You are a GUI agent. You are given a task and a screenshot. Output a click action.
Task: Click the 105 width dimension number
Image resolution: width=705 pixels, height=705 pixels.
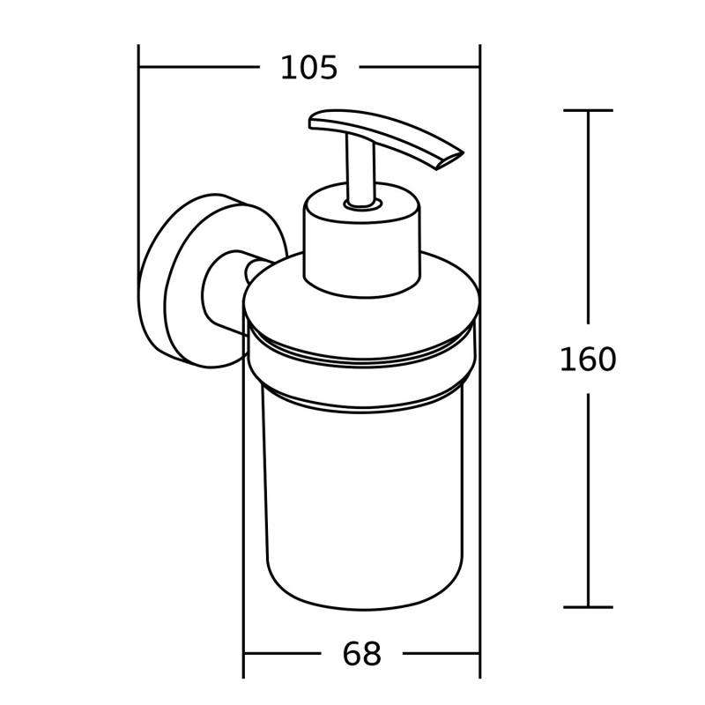(308, 69)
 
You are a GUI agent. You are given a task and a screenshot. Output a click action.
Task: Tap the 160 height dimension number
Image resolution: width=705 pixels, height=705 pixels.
(588, 360)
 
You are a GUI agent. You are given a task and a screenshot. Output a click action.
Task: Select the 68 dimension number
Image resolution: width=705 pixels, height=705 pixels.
(362, 654)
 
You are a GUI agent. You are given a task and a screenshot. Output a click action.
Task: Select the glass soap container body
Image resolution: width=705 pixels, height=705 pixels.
(363, 494)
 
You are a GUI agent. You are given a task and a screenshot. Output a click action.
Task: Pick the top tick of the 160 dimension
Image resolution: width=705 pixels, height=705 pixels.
(588, 110)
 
